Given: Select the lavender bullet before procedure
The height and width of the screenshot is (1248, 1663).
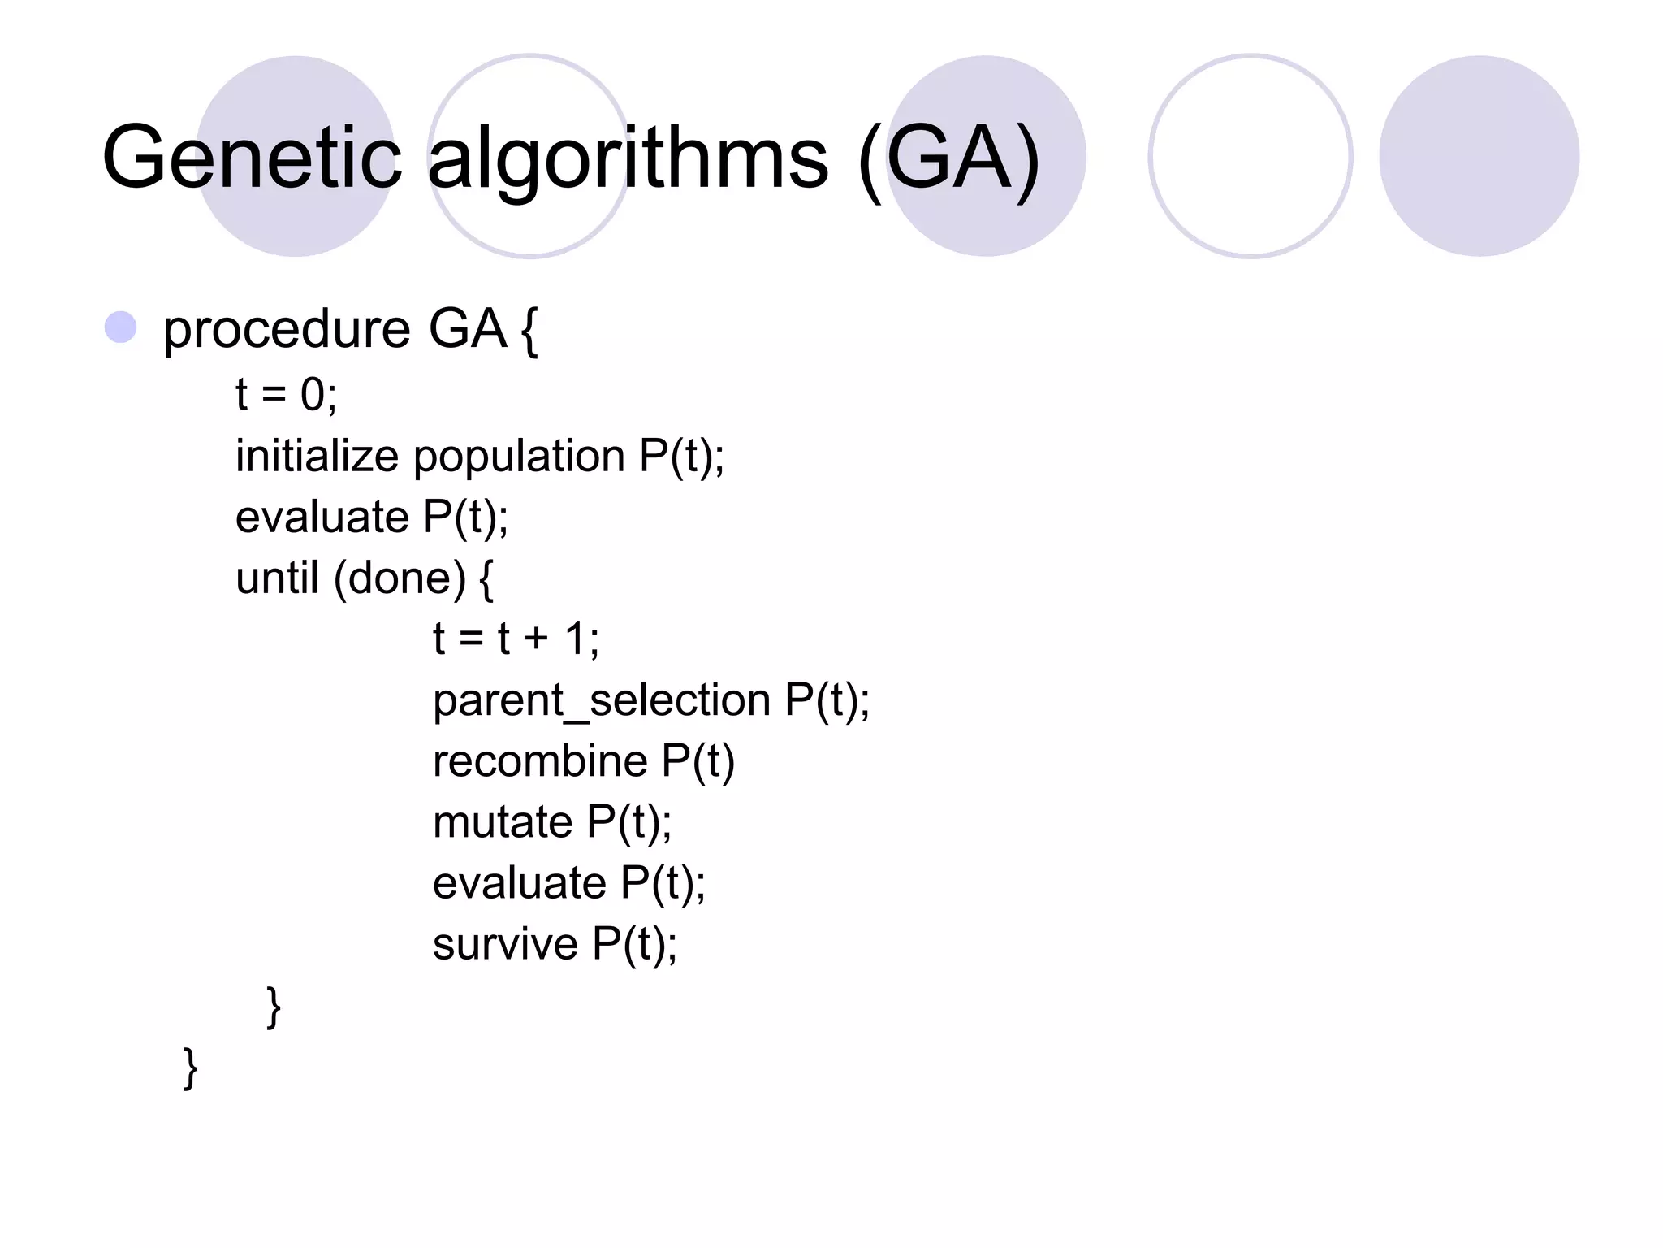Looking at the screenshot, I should click(121, 327).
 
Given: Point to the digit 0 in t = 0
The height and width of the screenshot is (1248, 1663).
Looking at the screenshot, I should click(313, 395).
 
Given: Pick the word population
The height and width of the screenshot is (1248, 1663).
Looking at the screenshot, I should click(519, 457).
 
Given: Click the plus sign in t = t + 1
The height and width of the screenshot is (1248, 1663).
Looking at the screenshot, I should click(536, 639).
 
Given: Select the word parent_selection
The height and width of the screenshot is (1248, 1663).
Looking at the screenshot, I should click(602, 700).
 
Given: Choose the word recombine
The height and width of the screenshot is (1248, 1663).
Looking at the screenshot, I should click(540, 761).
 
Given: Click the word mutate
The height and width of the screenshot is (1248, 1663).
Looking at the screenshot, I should click(503, 822).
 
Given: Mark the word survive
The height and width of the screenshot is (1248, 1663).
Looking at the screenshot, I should click(505, 944).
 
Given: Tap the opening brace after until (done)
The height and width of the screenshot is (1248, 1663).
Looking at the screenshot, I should click(486, 579).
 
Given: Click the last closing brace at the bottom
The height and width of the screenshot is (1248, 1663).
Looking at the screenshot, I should click(191, 1068).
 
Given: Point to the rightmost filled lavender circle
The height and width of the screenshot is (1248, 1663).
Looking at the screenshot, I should click(1479, 156).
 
